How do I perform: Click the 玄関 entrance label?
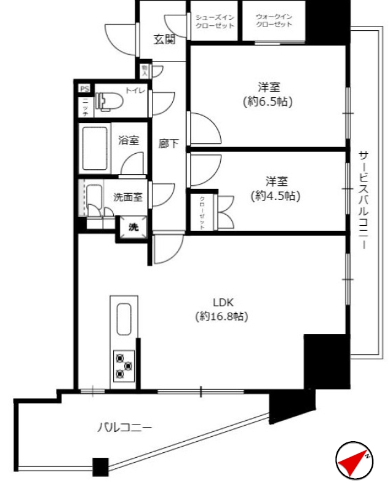pyautogui.click(x=164, y=40)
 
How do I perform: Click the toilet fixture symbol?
pyautogui.click(x=108, y=101)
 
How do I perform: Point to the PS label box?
pyautogui.click(x=84, y=89)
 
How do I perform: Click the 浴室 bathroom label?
pyautogui.click(x=129, y=140)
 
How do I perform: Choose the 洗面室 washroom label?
pyautogui.click(x=129, y=198)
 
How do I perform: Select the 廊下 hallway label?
pyautogui.click(x=169, y=144)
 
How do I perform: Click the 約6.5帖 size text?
pyautogui.click(x=267, y=102)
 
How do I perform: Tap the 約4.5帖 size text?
pyautogui.click(x=275, y=196)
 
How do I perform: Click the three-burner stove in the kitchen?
pyautogui.click(x=124, y=365)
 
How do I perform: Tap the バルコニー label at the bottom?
pyautogui.click(x=124, y=427)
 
